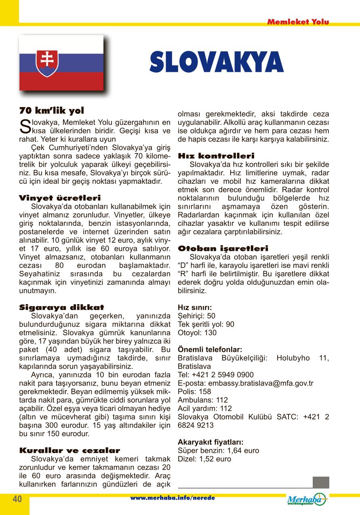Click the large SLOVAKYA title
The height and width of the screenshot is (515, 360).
coord(217,63)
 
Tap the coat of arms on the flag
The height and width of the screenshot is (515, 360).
coord(47,63)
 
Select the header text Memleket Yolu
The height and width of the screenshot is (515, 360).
coord(298,22)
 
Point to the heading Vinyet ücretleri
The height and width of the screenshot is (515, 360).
coord(60,198)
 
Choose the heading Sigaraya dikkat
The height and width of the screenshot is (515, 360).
coord(61,307)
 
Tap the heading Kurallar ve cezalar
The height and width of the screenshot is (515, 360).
coord(69,450)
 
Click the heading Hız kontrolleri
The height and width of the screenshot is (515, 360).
coord(216,156)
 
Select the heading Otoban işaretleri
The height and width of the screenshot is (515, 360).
coord(223,248)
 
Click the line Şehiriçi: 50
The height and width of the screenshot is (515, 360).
coord(197,316)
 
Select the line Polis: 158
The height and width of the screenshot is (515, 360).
coord(194,391)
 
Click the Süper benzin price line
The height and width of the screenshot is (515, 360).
coord(219,450)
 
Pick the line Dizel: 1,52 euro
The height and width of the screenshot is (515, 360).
coord(204,459)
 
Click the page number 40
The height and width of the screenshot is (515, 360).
coord(17,499)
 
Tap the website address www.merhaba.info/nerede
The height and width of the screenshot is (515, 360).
coord(173,498)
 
